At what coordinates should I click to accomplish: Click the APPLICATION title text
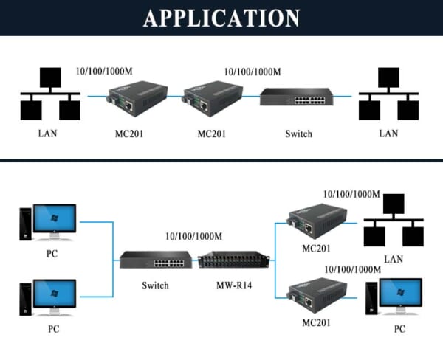point(221,18)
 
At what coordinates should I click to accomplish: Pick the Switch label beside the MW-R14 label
point(155,285)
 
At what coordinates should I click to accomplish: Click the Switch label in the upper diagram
point(298,134)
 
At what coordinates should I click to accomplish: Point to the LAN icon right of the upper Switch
point(388,97)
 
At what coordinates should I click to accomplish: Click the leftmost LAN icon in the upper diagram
point(49,95)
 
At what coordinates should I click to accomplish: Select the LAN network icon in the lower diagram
point(394,221)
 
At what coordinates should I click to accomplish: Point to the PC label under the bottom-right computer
point(399,330)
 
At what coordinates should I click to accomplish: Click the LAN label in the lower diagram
point(394,259)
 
